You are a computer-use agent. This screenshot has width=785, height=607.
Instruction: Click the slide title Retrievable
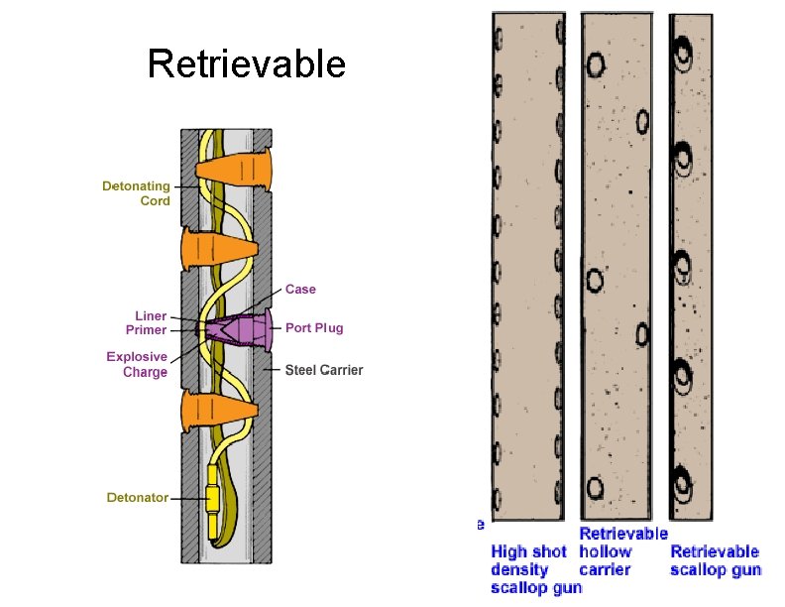247,64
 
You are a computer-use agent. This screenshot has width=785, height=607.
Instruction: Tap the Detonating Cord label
136,192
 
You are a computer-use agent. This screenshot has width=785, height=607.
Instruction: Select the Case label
300,290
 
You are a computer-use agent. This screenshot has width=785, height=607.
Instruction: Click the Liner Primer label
145,322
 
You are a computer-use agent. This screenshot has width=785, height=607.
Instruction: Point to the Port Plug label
314,328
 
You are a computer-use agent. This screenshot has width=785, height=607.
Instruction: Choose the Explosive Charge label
137,364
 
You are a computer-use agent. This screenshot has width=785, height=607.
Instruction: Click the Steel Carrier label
324,370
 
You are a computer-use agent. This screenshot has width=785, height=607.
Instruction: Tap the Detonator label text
137,497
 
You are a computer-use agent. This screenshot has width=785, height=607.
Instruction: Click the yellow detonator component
213,498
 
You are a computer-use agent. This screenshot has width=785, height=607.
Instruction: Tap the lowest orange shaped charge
218,411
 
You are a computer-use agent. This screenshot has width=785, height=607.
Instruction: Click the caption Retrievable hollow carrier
623,552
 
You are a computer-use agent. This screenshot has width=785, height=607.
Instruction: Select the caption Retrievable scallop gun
716,560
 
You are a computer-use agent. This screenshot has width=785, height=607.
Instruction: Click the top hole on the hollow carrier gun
596,64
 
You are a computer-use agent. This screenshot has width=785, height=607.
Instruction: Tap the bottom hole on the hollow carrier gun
595,488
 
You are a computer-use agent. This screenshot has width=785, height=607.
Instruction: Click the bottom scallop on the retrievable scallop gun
683,479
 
